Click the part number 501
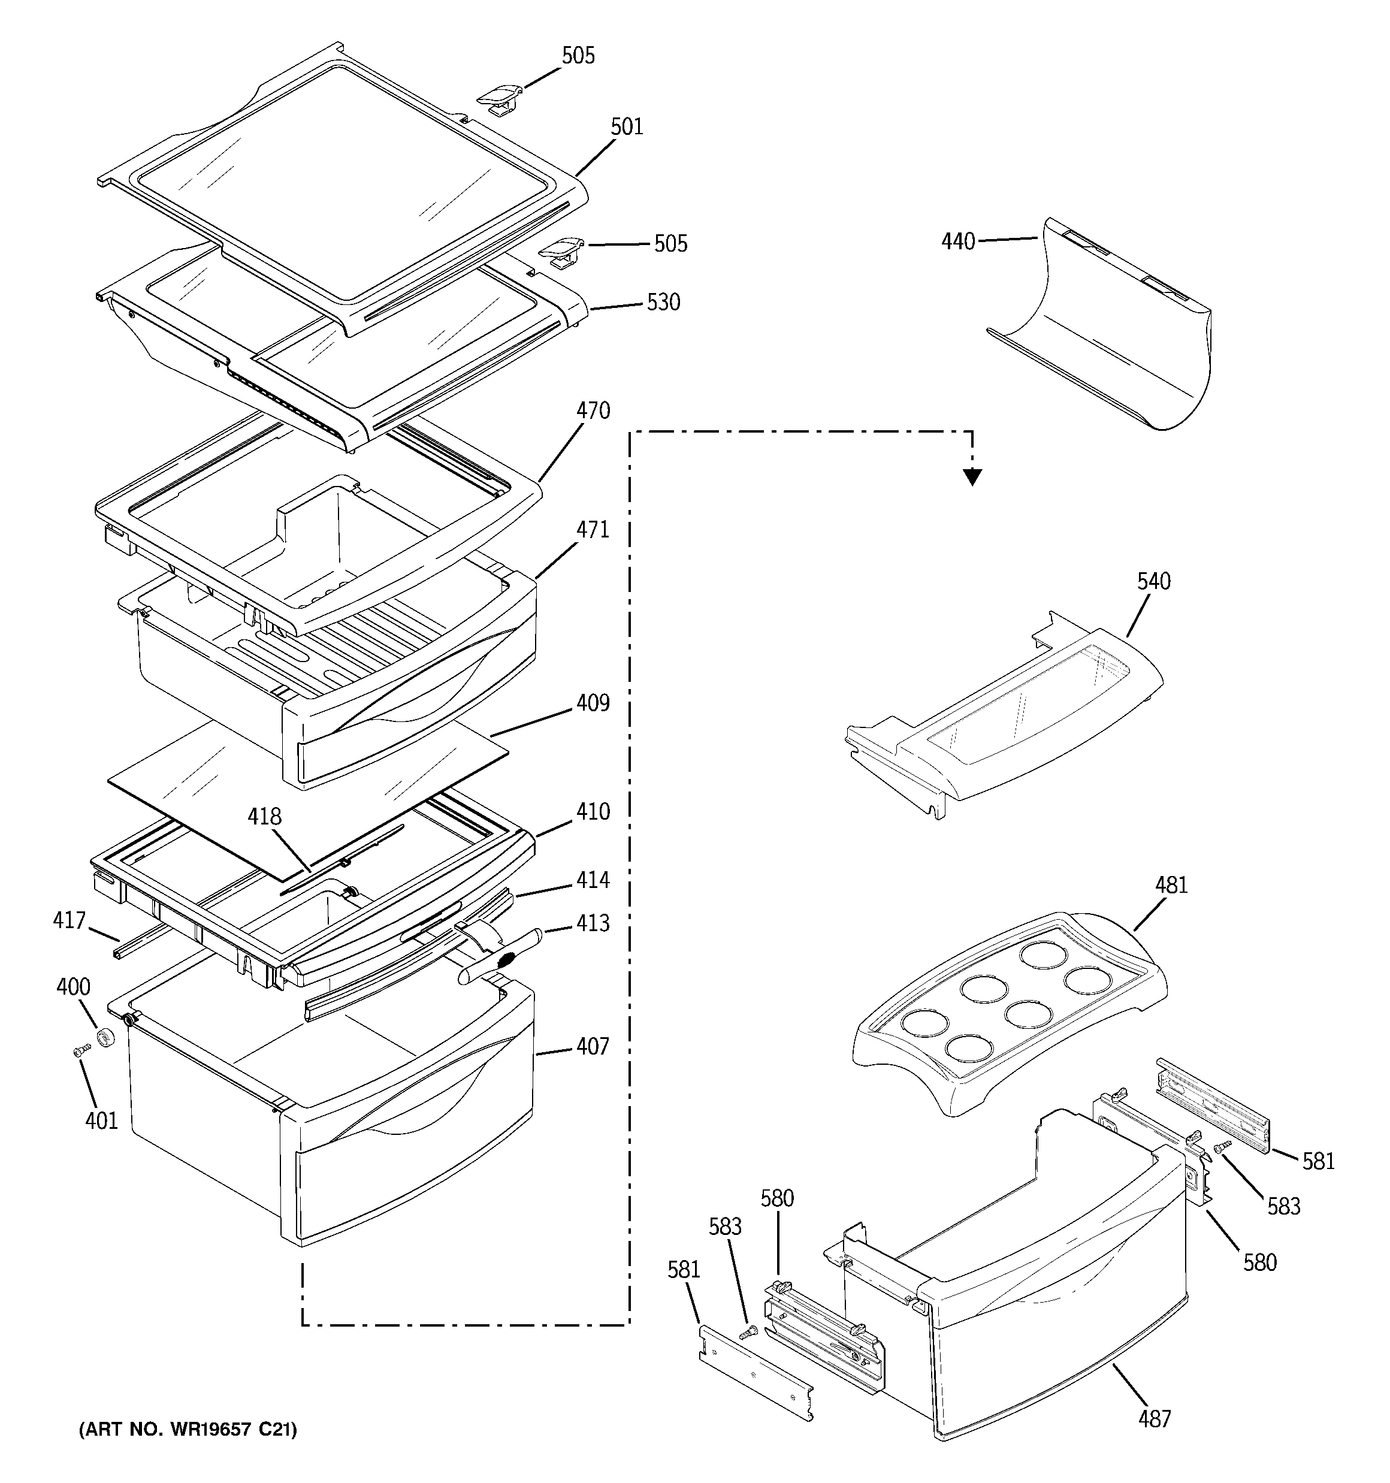pyautogui.click(x=626, y=127)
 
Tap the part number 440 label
pyautogui.click(x=958, y=241)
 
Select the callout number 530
pyautogui.click(x=663, y=302)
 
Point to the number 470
pyautogui.click(x=593, y=410)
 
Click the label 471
pyautogui.click(x=593, y=530)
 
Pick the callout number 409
pyautogui.click(x=593, y=703)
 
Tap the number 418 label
pyautogui.click(x=264, y=817)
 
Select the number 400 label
pyautogui.click(x=73, y=987)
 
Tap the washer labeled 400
pyautogui.click(x=106, y=1037)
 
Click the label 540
pyautogui.click(x=1153, y=581)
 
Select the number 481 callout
pyautogui.click(x=1171, y=886)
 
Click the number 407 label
pyautogui.click(x=593, y=1047)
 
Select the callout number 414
pyautogui.click(x=593, y=880)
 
